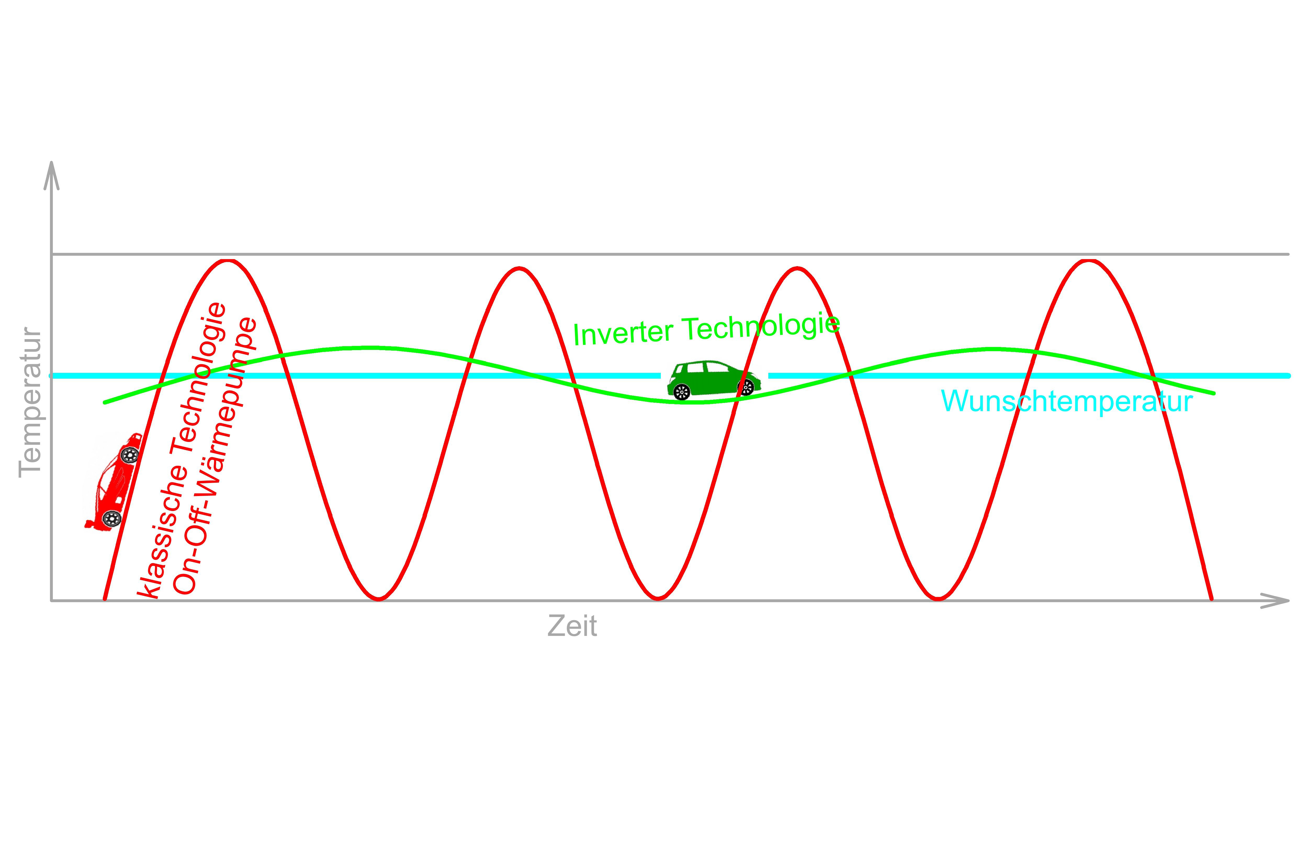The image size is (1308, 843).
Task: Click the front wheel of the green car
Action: pyautogui.click(x=746, y=388)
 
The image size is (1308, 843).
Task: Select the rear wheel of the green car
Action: pyautogui.click(x=682, y=392)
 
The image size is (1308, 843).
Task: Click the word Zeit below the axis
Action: pyautogui.click(x=572, y=626)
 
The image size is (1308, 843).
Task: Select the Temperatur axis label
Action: pyautogui.click(x=30, y=402)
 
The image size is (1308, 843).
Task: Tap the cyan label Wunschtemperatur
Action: pyautogui.click(x=1067, y=401)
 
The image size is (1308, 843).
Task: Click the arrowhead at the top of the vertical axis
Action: pyautogui.click(x=52, y=175)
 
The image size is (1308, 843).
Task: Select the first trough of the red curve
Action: pyautogui.click(x=379, y=598)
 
